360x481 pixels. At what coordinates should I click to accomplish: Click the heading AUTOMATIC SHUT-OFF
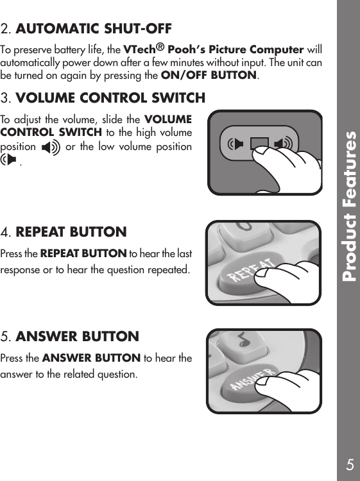click(x=94, y=29)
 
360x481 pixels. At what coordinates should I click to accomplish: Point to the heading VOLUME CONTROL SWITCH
click(x=110, y=98)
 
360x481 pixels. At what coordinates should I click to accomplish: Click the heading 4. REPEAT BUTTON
click(x=71, y=232)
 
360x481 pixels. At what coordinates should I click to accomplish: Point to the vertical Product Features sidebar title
click(x=349, y=207)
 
